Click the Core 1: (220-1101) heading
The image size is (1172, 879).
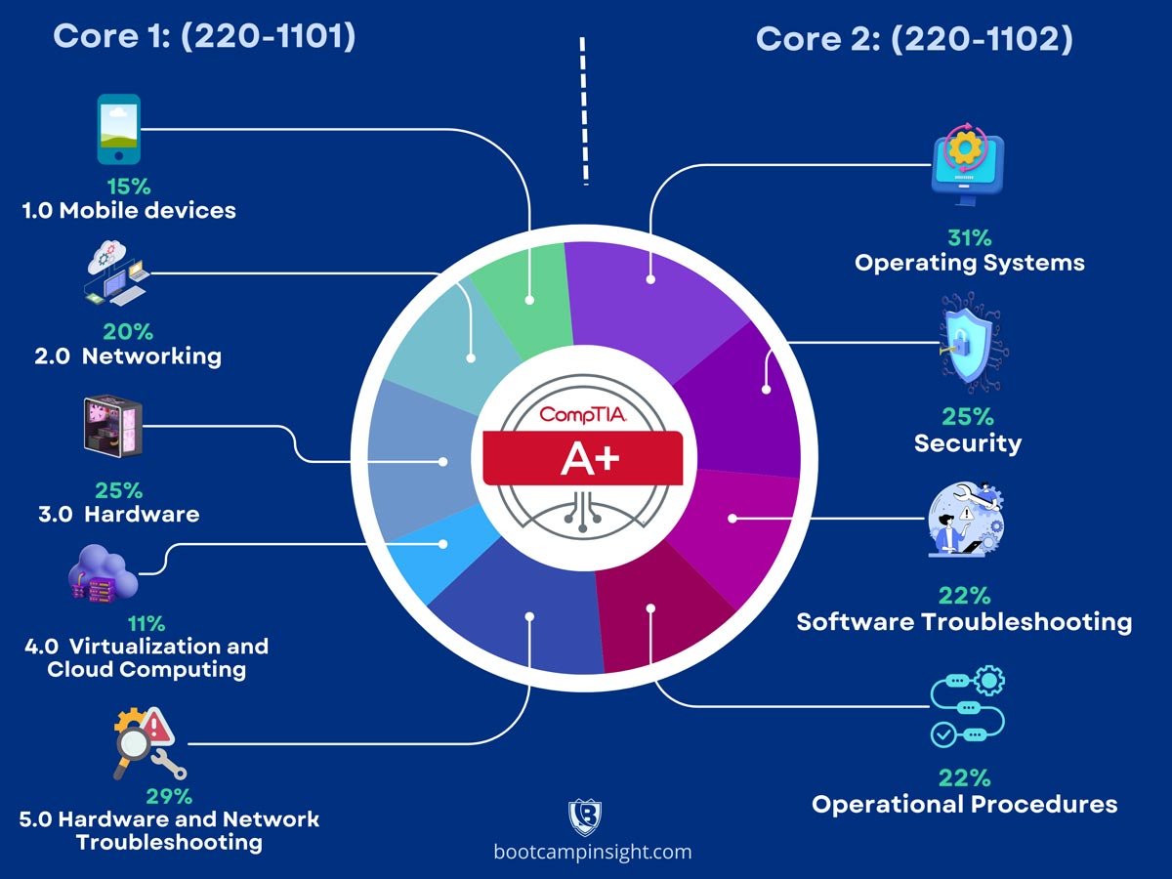pos(203,37)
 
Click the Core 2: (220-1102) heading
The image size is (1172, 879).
pos(914,39)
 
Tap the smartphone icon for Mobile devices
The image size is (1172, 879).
pos(118,129)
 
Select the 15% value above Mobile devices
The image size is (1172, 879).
pos(128,186)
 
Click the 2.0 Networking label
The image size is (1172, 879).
pos(128,356)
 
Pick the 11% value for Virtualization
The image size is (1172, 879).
pos(146,623)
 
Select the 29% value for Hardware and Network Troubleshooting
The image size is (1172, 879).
pos(169,795)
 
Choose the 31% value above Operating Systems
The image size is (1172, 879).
pos(969,237)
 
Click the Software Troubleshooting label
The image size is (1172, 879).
pos(964,621)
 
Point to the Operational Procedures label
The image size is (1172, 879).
pos(964,804)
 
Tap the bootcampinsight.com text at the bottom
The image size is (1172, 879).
pos(593,852)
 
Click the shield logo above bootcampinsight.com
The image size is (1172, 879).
pos(585,816)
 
